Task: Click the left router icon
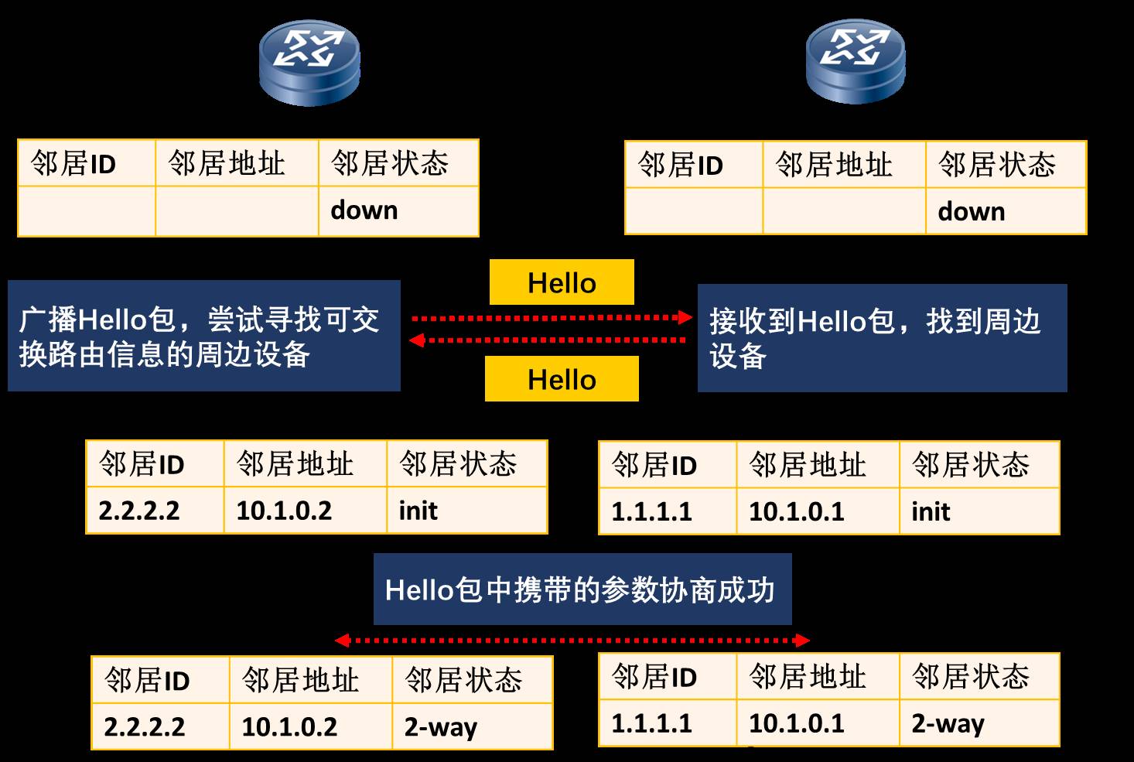click(x=309, y=62)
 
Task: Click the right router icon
click(x=856, y=62)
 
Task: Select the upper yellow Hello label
click(x=562, y=282)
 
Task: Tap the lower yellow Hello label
click(x=562, y=379)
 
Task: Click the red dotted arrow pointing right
click(x=551, y=317)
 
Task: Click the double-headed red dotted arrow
click(x=572, y=640)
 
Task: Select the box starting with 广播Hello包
click(x=204, y=336)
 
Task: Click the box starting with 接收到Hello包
click(x=882, y=338)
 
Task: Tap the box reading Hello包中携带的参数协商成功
click(x=582, y=589)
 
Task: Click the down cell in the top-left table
click(x=398, y=210)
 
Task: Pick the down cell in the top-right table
click(x=1005, y=211)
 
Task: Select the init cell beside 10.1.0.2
click(x=466, y=511)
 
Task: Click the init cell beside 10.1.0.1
click(x=979, y=511)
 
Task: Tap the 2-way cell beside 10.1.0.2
click(x=471, y=726)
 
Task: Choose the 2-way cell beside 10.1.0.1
click(x=979, y=723)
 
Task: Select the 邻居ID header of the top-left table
click(x=86, y=163)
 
